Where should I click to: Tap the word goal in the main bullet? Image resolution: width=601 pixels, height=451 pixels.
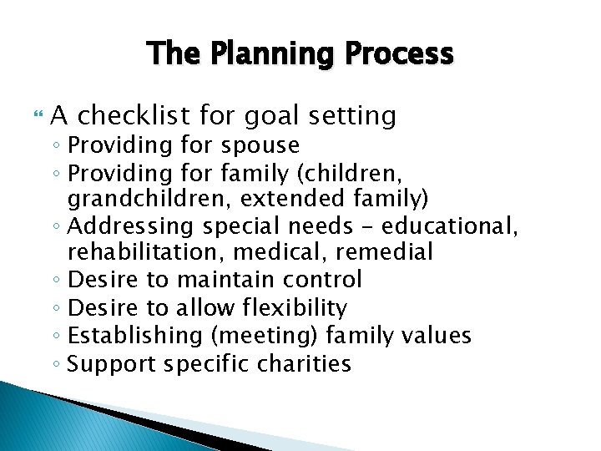(268, 115)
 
